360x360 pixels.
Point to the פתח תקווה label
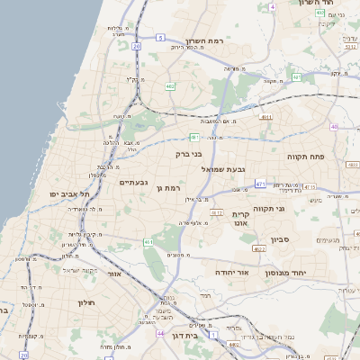point(305,157)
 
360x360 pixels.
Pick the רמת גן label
point(169,189)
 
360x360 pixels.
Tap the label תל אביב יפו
point(68,194)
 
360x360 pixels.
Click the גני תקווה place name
point(293,209)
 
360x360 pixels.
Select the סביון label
point(279,240)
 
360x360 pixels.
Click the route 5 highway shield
point(160,38)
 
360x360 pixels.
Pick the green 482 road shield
point(170,86)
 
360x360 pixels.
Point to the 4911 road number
point(265,116)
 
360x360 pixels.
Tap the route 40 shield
point(334,127)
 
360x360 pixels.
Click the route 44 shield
point(160,333)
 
